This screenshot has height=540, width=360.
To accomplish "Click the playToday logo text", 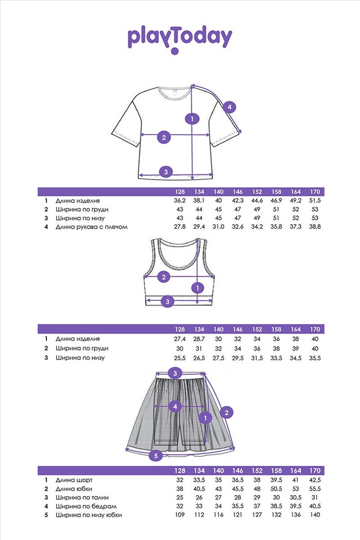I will [180, 37].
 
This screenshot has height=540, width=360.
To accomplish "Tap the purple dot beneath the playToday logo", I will [174, 52].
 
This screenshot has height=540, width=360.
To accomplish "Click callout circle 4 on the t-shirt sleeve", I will [229, 107].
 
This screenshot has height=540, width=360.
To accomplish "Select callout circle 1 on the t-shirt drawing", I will [191, 118].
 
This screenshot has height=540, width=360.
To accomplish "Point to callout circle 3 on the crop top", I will [167, 301].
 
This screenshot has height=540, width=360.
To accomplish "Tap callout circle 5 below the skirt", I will [155, 456].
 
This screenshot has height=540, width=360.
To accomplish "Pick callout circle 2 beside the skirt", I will [227, 413].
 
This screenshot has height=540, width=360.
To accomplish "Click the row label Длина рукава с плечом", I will [92, 227].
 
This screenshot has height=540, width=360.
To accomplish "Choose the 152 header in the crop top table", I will [257, 329].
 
